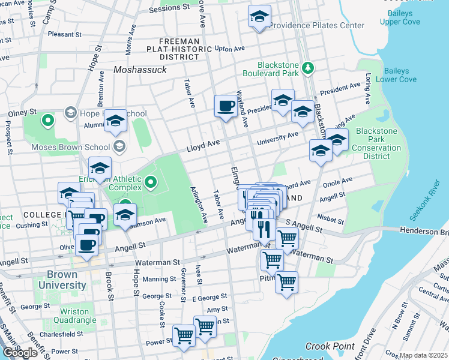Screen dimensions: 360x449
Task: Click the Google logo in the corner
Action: click(19, 353)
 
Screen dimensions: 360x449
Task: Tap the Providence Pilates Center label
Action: click(316, 25)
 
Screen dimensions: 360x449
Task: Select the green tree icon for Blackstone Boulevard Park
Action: click(308, 67)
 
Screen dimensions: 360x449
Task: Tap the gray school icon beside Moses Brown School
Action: click(119, 146)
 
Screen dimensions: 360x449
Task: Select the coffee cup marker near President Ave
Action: click(226, 106)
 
